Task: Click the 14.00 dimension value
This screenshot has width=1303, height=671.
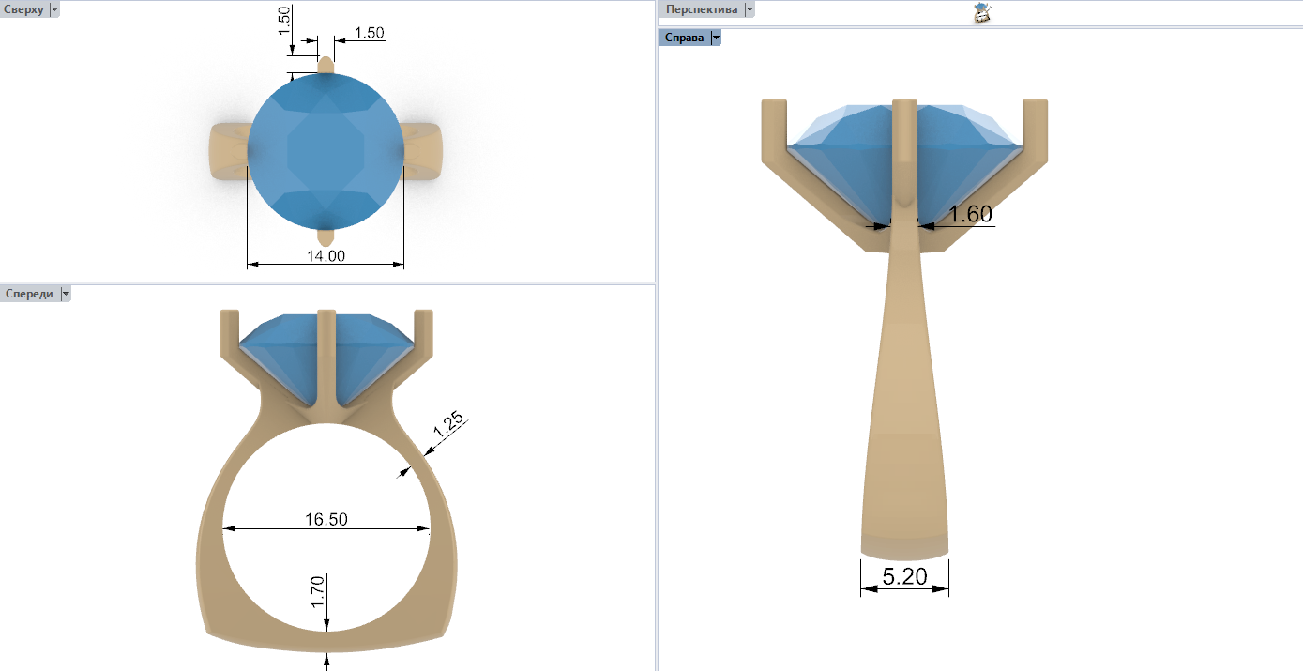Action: coord(326,256)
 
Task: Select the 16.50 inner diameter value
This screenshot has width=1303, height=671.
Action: coord(326,519)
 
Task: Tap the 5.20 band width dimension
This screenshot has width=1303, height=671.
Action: coord(904,576)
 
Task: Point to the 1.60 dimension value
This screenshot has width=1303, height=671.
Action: coord(970,214)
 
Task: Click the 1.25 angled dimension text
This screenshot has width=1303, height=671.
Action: coord(448,425)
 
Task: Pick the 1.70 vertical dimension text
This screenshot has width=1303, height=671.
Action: coord(318,592)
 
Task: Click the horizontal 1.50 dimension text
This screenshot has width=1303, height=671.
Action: coord(370,33)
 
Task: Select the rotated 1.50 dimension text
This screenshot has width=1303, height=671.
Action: coord(284,21)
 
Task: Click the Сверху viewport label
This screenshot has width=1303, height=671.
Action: coord(23,9)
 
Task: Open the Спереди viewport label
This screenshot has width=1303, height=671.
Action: coord(29,294)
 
